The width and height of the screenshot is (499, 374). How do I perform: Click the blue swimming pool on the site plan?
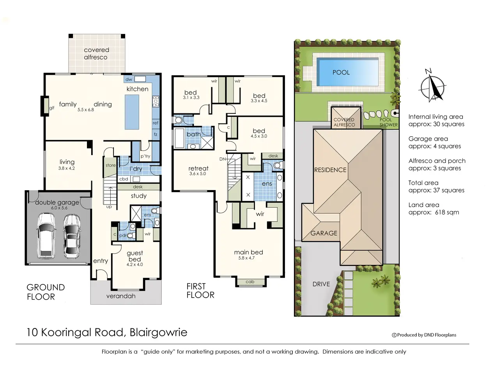(x=347, y=72)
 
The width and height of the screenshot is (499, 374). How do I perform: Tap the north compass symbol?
(x=432, y=86)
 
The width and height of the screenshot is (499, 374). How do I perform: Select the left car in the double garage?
(x=46, y=236)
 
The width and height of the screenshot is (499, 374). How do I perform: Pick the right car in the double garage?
(x=72, y=236)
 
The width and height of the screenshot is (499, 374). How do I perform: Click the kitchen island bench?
(x=132, y=112)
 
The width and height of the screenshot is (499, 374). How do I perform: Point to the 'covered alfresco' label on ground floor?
(x=96, y=54)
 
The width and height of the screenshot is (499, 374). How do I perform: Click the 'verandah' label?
(x=121, y=296)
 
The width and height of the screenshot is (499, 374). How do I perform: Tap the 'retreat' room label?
(x=198, y=168)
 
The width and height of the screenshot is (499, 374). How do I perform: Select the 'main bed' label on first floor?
(x=248, y=252)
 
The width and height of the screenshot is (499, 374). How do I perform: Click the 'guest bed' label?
(x=135, y=256)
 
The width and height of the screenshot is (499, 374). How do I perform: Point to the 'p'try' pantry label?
(x=145, y=156)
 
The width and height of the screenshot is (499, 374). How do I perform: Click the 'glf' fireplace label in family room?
(x=52, y=108)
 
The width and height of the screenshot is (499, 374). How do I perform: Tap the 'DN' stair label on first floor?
(x=223, y=159)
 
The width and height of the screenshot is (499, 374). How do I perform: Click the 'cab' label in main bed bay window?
(x=250, y=282)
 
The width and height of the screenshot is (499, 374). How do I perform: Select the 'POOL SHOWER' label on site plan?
(x=389, y=122)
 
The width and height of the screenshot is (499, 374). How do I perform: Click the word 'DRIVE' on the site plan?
(x=321, y=284)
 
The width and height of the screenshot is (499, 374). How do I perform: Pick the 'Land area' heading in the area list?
(x=424, y=205)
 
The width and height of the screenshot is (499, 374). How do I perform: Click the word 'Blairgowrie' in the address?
(x=158, y=332)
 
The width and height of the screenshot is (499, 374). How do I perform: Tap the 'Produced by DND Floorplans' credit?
(x=424, y=335)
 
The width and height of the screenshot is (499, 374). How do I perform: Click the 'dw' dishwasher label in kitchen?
(x=129, y=79)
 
